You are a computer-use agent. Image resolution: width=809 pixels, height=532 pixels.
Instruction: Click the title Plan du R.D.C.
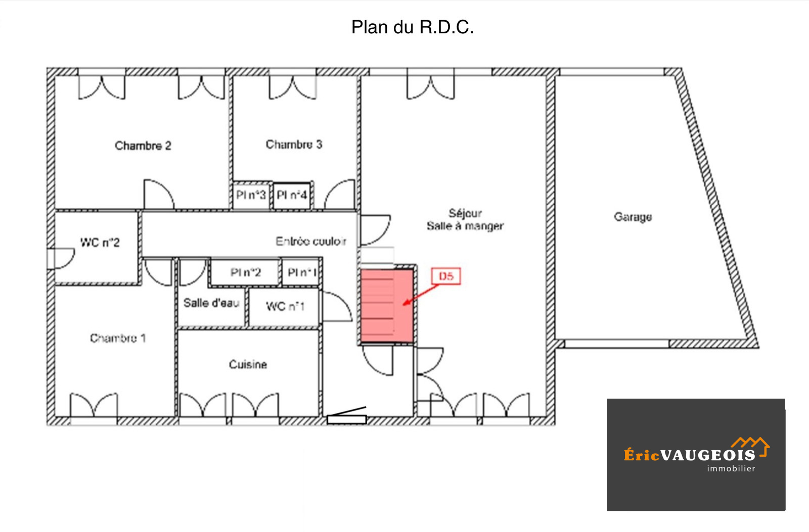[x=413, y=27]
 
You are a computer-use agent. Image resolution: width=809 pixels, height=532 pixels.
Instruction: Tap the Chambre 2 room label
[x=143, y=146]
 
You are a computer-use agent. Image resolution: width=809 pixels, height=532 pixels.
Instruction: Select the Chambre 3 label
[x=294, y=144]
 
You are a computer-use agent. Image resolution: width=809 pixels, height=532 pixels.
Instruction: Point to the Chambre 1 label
[x=118, y=338]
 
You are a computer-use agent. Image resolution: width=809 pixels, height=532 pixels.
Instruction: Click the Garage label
[x=633, y=217]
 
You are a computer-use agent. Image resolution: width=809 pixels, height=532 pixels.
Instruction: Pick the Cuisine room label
[x=248, y=365]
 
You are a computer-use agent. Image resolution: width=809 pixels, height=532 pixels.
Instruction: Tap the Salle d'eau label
[x=212, y=303]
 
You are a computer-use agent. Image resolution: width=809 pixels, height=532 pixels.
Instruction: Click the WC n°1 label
[x=285, y=307]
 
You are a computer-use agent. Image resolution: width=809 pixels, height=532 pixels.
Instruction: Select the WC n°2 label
[x=100, y=243]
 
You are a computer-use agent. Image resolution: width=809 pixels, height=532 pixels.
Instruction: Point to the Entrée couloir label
[x=311, y=241]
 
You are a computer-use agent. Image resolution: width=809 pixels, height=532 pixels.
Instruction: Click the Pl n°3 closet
[x=251, y=195]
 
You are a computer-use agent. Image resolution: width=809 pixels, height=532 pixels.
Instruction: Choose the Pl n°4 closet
[x=292, y=195]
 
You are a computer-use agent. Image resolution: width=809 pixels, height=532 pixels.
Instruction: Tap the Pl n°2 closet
[x=246, y=272]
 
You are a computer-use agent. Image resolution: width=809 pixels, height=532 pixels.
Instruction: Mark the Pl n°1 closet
[x=302, y=272]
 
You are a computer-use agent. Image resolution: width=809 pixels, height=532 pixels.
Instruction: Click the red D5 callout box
[x=446, y=276]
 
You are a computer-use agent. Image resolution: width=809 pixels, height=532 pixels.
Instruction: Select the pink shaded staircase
[x=387, y=306]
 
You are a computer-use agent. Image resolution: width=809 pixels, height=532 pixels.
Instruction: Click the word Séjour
[x=465, y=213]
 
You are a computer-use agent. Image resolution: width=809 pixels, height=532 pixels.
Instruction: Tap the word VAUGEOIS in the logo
[x=708, y=456]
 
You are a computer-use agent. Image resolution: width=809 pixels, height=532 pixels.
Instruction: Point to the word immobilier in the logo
[x=731, y=469]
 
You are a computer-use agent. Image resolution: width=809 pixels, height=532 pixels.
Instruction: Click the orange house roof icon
[x=751, y=446]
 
